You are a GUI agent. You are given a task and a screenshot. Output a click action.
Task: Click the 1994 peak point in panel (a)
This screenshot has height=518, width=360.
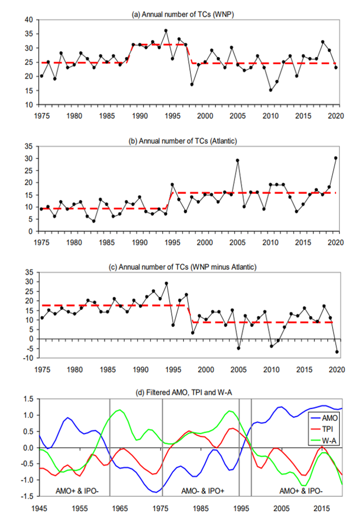point(166,31)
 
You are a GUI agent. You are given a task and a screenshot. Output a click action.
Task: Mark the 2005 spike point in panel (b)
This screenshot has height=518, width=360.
point(238,160)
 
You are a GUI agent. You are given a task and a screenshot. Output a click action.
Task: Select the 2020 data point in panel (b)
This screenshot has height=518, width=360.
point(336,158)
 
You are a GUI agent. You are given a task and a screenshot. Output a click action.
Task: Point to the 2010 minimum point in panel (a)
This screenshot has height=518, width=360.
point(271,91)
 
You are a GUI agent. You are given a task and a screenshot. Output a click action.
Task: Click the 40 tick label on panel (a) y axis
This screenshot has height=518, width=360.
point(29,20)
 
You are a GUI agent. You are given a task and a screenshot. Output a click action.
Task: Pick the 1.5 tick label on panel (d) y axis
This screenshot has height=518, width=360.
point(28,399)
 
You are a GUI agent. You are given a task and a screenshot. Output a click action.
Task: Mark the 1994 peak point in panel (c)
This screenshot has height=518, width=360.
point(166,283)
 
